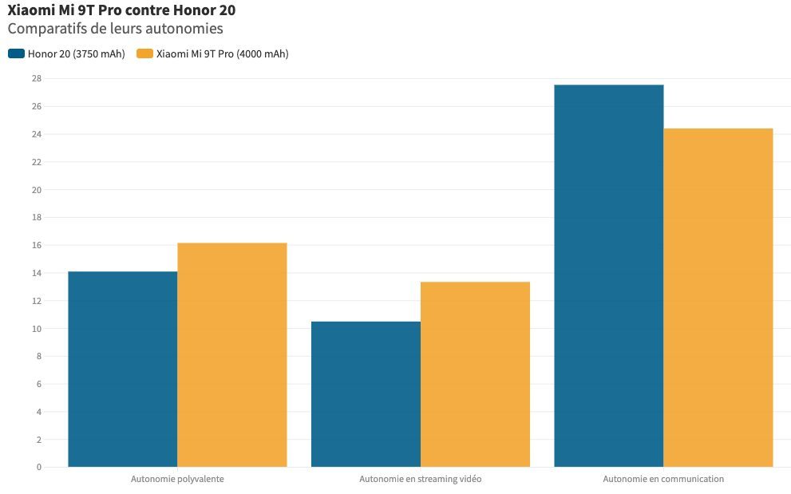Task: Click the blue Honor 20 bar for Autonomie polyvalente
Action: point(123,370)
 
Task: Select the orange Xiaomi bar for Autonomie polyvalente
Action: point(232,355)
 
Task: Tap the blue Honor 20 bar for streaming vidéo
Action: point(366,394)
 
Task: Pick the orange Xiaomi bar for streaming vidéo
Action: point(475,374)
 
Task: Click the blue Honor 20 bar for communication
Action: point(609,276)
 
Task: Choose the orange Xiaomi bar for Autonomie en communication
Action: point(718,298)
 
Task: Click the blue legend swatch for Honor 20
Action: point(16,53)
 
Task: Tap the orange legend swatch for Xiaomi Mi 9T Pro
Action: point(144,53)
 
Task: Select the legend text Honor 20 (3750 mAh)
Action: point(76,54)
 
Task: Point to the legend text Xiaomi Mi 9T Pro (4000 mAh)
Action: point(223,54)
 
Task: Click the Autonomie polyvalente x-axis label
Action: point(177,479)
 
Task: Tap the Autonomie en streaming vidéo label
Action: point(421,479)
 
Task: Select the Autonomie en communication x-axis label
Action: point(663,479)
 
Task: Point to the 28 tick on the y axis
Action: point(37,79)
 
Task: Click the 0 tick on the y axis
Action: point(39,467)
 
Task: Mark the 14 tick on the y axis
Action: point(37,273)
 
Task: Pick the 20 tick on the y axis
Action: point(37,190)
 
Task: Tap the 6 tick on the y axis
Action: point(39,384)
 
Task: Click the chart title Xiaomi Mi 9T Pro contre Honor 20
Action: point(121,10)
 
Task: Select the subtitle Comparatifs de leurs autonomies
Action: point(116,29)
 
